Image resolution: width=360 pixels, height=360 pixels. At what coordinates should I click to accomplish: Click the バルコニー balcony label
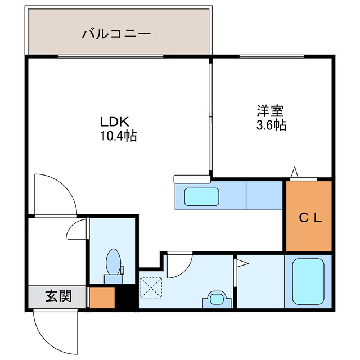click(x=116, y=34)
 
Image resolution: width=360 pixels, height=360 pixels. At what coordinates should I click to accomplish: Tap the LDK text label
click(x=115, y=121)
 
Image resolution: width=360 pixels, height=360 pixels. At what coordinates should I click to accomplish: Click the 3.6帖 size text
click(x=271, y=125)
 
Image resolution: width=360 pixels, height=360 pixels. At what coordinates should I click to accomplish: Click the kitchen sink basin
click(x=201, y=197)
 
